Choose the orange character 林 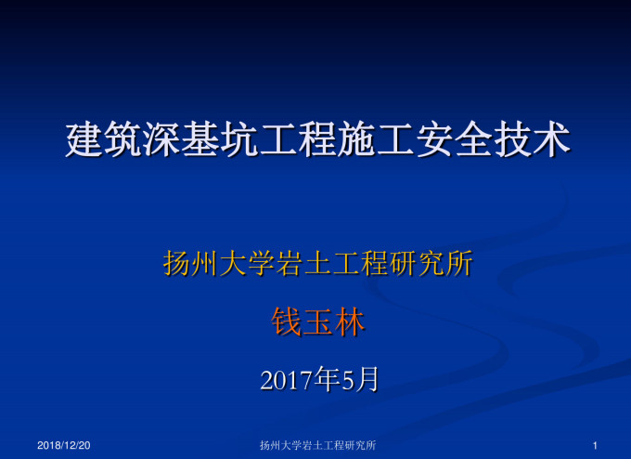tap(349, 322)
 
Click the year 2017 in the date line tap(287, 380)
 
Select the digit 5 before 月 tap(349, 380)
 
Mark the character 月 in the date tap(367, 379)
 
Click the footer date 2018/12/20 tap(64, 447)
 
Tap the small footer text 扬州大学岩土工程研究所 tap(317, 447)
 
